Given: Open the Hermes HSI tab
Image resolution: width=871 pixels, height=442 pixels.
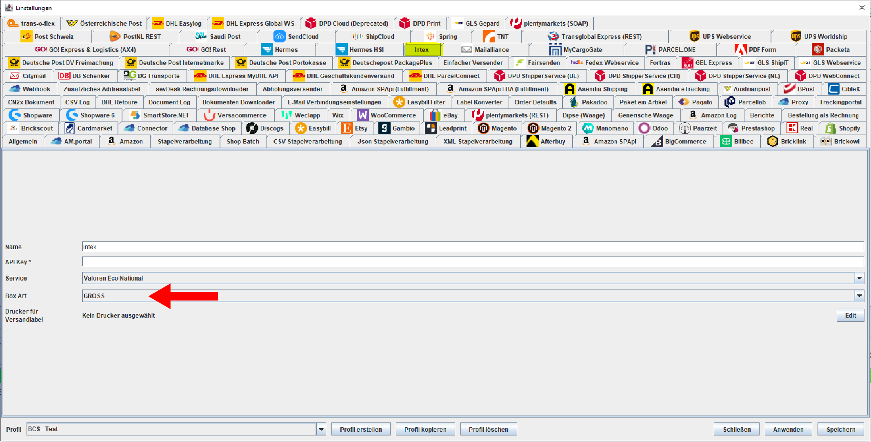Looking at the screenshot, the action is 360,50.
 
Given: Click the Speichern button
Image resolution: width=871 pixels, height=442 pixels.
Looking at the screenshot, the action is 840,429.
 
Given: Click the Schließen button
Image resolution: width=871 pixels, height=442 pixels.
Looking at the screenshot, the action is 737,429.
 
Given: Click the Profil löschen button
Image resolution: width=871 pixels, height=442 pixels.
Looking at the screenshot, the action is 489,429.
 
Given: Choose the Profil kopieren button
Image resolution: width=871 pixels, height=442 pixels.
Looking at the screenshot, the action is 425,429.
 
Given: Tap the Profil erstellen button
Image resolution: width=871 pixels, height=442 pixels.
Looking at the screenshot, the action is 361,429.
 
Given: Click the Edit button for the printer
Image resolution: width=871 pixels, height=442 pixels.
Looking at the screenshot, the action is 850,315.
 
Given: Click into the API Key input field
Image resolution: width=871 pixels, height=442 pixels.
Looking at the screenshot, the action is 473,262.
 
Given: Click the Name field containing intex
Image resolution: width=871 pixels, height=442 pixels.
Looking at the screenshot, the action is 473,247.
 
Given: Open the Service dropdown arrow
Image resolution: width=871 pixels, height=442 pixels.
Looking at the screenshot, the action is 859,278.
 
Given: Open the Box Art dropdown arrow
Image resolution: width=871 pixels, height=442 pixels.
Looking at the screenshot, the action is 859,296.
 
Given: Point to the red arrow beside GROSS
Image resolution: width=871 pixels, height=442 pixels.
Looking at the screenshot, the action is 183,296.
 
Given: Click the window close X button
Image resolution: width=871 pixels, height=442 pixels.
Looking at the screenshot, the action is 862,8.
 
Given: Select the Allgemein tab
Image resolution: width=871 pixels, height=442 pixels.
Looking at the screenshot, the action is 23,141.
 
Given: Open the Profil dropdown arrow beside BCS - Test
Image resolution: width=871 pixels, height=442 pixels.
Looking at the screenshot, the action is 321,429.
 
